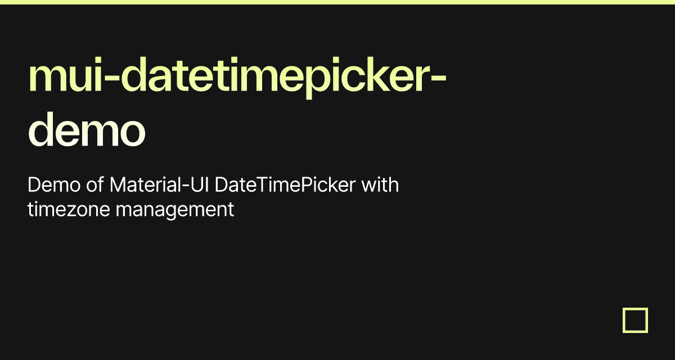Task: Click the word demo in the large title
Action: (87, 130)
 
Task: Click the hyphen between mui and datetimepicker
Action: (111, 78)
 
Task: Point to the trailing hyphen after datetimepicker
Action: (438, 78)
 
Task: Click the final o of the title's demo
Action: (132, 133)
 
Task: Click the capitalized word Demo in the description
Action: (54, 184)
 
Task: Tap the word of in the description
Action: (95, 184)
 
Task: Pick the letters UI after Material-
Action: (200, 184)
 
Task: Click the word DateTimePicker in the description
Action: (285, 184)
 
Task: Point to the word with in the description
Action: (380, 184)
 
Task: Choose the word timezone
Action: (69, 209)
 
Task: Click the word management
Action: (175, 210)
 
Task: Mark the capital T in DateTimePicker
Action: (264, 184)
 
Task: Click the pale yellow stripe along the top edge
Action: (337, 2)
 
